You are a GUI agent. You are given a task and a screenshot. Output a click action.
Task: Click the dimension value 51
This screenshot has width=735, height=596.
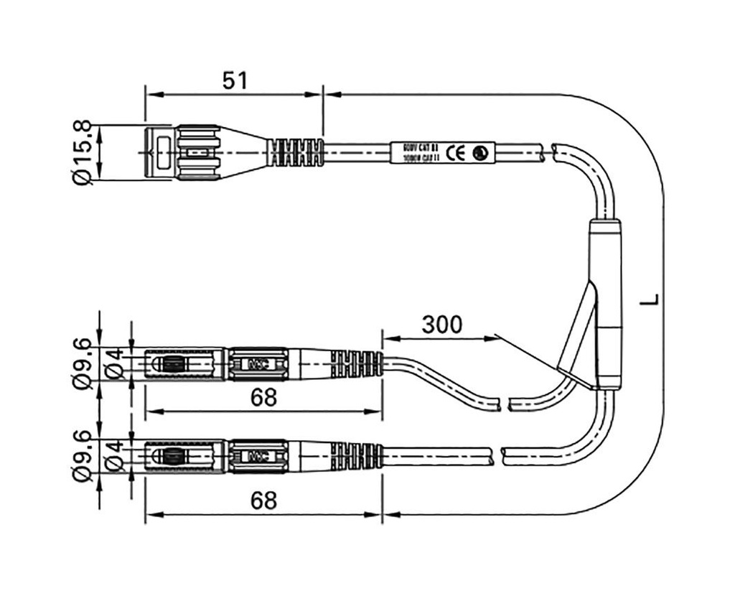(234, 80)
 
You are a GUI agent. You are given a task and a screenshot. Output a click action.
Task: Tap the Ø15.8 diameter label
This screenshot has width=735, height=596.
(83, 152)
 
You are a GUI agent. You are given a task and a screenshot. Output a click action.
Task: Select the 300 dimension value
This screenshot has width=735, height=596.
(441, 325)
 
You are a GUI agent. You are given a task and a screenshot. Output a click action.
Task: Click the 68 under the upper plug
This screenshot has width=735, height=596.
(263, 398)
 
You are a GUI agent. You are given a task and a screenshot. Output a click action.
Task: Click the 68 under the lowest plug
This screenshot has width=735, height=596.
(263, 500)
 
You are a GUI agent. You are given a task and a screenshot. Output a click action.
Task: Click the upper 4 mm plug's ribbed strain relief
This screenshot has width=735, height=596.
(356, 364)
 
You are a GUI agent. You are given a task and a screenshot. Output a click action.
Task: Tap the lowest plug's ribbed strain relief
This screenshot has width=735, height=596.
(356, 456)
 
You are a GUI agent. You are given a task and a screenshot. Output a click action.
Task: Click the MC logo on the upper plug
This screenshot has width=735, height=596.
(256, 364)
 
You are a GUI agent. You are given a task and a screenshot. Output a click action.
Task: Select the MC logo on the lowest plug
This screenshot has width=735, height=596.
(256, 456)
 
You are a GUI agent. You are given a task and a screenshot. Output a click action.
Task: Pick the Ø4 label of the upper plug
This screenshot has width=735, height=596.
(113, 364)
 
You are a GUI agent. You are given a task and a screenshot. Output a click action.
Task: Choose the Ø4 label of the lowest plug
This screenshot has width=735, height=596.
(113, 456)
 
